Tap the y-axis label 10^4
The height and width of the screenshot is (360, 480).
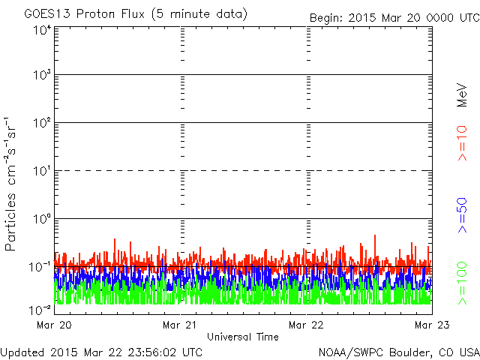click(41, 30)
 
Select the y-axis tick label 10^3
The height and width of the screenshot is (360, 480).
click(41, 76)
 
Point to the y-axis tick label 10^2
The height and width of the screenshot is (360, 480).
click(41, 123)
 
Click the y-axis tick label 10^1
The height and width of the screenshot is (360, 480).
click(41, 171)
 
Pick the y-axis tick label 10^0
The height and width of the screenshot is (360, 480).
click(41, 219)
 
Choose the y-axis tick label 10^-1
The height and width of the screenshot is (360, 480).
click(40, 266)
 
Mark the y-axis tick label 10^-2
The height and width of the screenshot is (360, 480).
click(40, 309)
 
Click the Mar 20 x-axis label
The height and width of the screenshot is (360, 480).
click(52, 325)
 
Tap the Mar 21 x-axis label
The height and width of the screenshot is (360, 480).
click(179, 325)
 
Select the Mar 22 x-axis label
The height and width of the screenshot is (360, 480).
click(306, 325)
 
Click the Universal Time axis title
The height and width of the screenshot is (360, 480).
click(242, 337)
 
